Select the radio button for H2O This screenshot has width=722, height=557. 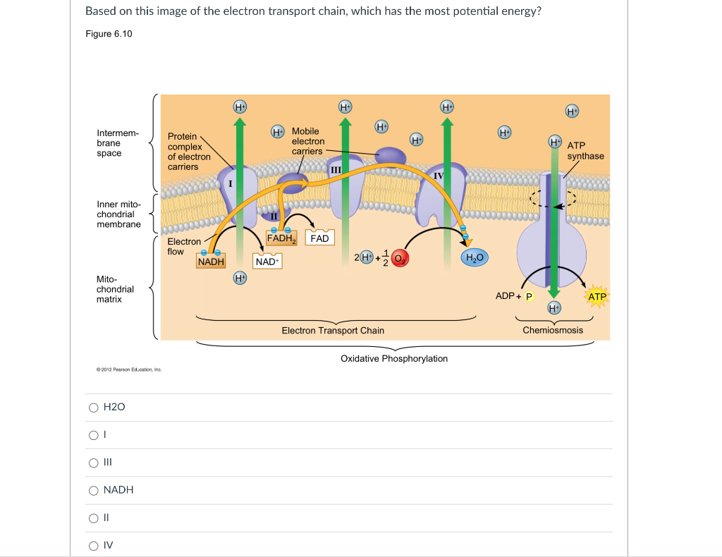tap(94, 408)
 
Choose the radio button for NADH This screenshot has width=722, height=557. tap(94, 490)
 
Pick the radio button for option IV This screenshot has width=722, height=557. tap(94, 545)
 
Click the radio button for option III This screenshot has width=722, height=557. tap(94, 463)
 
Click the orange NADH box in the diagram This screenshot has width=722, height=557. tap(211, 262)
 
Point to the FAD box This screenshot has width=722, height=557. tap(319, 238)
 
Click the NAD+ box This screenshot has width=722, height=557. tap(267, 262)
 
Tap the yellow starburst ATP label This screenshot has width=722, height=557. tap(596, 296)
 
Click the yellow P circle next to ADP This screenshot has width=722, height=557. tap(529, 296)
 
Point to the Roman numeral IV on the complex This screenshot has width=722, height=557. tap(439, 174)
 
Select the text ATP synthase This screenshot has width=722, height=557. tap(585, 150)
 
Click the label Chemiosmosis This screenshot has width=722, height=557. tap(553, 330)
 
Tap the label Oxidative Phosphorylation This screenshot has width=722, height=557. tap(393, 358)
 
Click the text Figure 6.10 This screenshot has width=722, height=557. tap(109, 35)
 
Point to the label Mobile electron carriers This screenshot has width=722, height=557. tap(307, 141)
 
